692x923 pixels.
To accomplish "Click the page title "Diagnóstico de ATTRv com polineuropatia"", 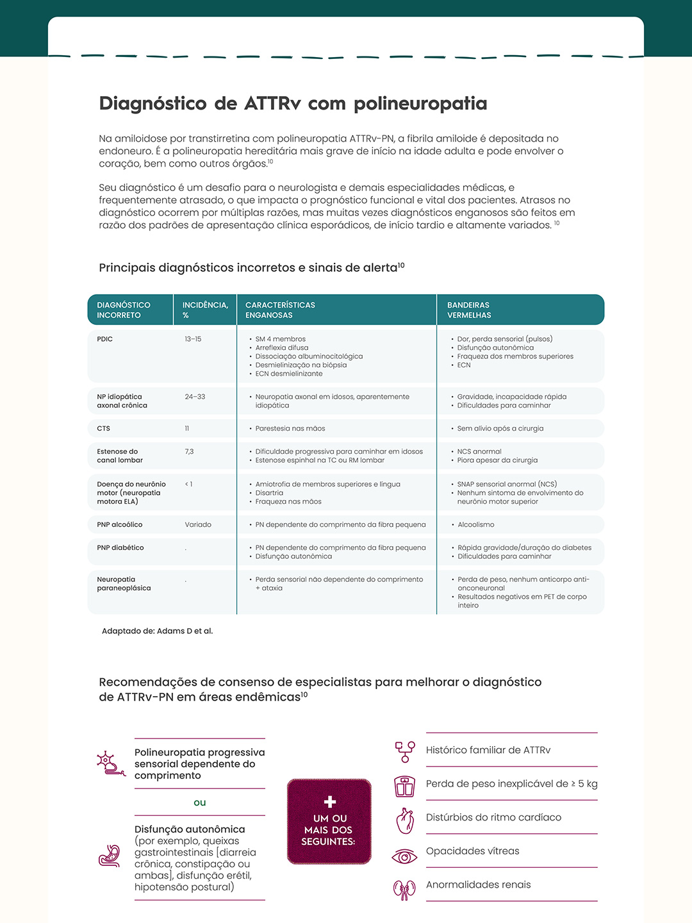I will [x=293, y=104].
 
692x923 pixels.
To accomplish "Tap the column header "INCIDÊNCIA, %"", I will [x=205, y=310].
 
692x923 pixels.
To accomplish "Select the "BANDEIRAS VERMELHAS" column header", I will [x=469, y=310].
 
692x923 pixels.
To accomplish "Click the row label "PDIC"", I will [x=105, y=339].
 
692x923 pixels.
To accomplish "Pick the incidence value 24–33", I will [x=195, y=397].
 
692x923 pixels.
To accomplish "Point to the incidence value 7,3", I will [x=189, y=452].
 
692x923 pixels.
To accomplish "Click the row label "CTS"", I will [x=104, y=429].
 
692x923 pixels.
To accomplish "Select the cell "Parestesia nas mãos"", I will [x=290, y=429].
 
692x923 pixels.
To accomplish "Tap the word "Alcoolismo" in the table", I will [x=475, y=525].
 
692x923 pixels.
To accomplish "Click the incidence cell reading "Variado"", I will [x=198, y=525].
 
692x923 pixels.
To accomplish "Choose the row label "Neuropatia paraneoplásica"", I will [x=124, y=584].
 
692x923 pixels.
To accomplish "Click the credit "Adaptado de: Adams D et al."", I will [x=157, y=631].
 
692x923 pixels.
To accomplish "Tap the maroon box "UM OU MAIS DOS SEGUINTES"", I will [x=329, y=822].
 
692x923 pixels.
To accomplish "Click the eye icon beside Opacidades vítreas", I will [x=404, y=856].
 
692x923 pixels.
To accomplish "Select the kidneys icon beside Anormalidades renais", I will [x=404, y=890].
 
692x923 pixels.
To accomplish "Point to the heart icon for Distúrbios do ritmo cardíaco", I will [x=405, y=820].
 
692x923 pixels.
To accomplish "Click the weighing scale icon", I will [x=405, y=786].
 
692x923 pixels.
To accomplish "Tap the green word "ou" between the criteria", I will [x=200, y=802].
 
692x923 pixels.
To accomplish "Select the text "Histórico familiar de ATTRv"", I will [x=488, y=750].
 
